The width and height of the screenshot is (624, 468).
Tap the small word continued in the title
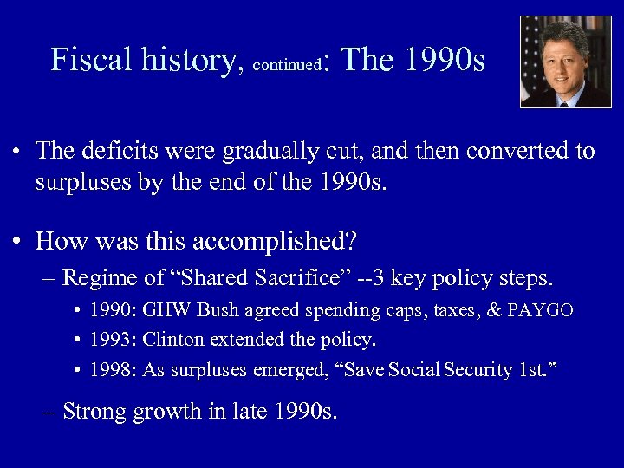(x=285, y=64)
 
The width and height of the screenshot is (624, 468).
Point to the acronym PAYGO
(x=541, y=310)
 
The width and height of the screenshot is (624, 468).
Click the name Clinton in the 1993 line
(x=176, y=340)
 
